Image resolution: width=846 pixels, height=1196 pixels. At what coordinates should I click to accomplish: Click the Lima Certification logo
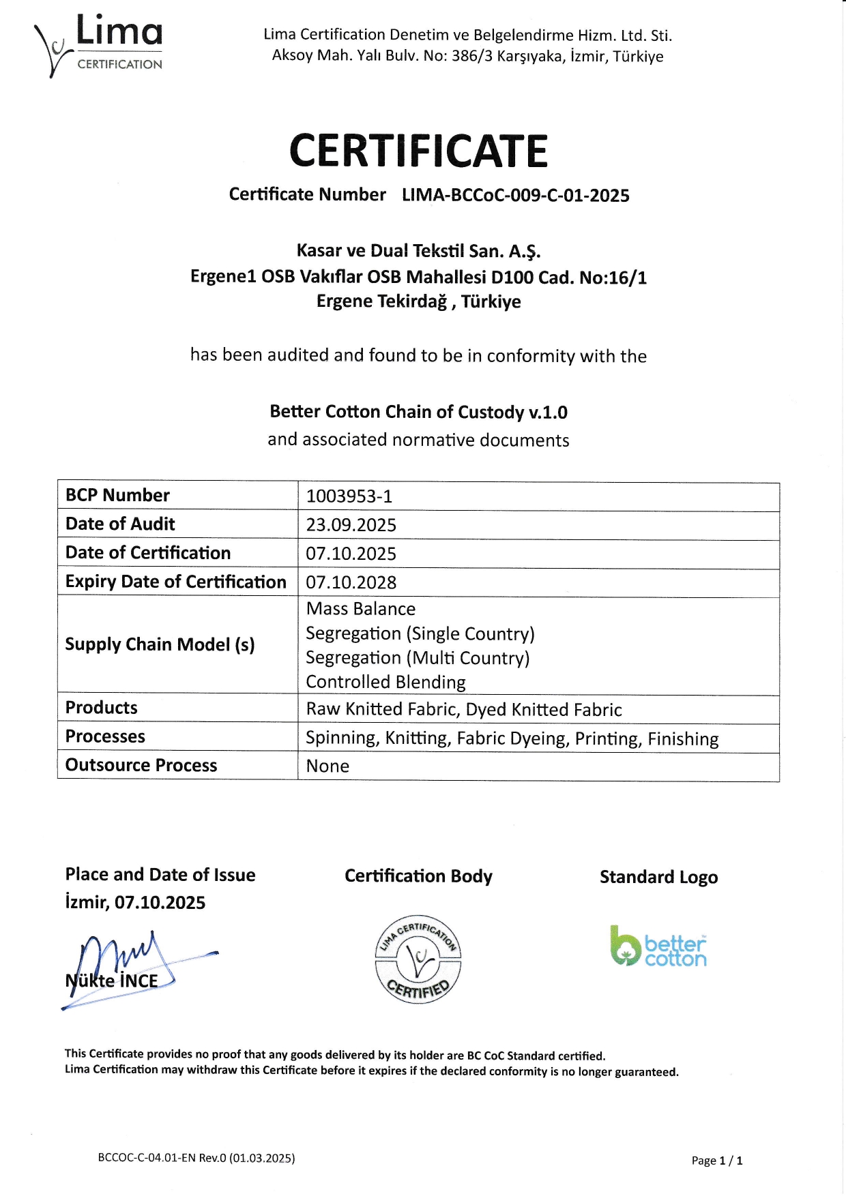coord(100,45)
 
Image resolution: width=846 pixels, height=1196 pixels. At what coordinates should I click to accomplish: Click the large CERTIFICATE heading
coord(418,151)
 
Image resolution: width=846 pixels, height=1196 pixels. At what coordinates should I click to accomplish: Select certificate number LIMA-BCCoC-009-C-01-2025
coord(515,196)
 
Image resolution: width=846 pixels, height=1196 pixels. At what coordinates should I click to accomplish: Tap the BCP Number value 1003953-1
coord(349,496)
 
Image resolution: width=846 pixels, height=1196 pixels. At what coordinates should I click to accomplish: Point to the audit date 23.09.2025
coord(351,525)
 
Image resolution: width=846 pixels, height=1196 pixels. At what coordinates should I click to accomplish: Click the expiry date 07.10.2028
coord(351,582)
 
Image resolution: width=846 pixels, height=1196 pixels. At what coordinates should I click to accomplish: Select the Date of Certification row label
coord(148,553)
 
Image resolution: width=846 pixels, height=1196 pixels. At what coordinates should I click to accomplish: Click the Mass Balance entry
coord(361,609)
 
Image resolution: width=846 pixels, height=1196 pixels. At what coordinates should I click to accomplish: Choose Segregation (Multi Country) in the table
coord(418,658)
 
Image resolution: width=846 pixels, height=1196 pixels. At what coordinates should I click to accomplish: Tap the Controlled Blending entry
coord(385,682)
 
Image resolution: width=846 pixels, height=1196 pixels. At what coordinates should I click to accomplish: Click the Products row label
coord(102,708)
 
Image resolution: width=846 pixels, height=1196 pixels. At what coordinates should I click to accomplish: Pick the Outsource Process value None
coord(327,766)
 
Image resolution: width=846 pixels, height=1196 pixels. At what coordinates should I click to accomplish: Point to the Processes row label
coord(105,737)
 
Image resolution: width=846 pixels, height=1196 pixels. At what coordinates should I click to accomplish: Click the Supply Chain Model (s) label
coord(160,645)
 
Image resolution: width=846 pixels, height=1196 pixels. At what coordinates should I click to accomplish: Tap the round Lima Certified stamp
coord(418,958)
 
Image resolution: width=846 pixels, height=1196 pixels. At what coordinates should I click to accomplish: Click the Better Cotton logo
coord(658,946)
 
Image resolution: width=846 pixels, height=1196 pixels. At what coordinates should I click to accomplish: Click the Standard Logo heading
coord(658,878)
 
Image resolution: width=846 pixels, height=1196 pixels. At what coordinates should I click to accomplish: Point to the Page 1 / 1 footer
coord(716,1161)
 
